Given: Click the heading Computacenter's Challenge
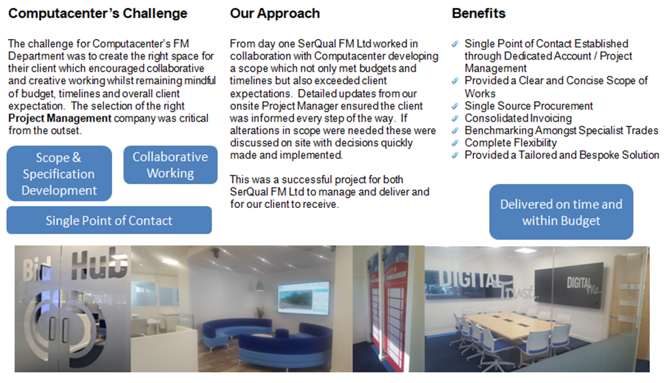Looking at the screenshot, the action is pos(98,14).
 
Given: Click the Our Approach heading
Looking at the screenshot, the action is pos(275,14).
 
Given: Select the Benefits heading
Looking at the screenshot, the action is pos(479,13).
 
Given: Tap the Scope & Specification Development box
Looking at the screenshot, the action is pos(59,174).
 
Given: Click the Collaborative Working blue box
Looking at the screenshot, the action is pos(170,165).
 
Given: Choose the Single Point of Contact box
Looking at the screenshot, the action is pos(109,220).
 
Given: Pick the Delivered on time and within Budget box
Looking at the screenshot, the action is pos(561,212).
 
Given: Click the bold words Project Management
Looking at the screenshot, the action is pos(60,118).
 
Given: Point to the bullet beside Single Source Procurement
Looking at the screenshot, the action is pos(455,106).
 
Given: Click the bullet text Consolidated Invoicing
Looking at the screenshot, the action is pos(518,118).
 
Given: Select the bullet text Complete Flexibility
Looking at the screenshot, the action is pos(510,143).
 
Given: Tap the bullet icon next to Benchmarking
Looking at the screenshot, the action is pos(455,131).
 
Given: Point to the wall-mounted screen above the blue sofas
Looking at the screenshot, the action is pos(304,298).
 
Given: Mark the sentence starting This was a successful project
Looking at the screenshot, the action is pos(330,191).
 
